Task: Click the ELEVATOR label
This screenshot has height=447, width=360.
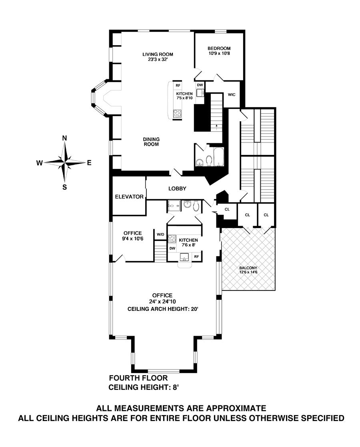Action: [x=129, y=197]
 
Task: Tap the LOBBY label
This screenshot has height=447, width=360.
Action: [x=177, y=188]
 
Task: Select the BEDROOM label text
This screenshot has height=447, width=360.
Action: [x=219, y=48]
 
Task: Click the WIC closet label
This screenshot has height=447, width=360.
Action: [x=231, y=95]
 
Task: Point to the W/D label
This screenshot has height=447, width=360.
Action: [x=160, y=234]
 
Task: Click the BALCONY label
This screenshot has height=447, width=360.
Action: [x=248, y=268]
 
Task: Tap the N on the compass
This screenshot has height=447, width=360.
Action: [x=64, y=138]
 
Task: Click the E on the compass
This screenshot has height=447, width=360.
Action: [x=89, y=163]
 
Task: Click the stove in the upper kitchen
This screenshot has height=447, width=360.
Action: [x=177, y=114]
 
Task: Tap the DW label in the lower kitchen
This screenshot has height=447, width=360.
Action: [x=172, y=248]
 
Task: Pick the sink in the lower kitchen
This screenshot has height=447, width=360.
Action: [x=184, y=256]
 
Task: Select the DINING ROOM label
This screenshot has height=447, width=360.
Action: [x=151, y=142]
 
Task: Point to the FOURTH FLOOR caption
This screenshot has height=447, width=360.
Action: [x=138, y=378]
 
